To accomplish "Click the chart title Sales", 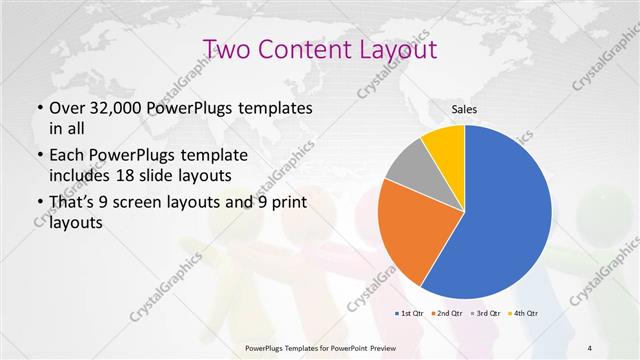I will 465,109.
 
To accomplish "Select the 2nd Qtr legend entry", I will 446,314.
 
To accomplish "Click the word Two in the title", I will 229,49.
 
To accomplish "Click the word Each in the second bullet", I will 68,156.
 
